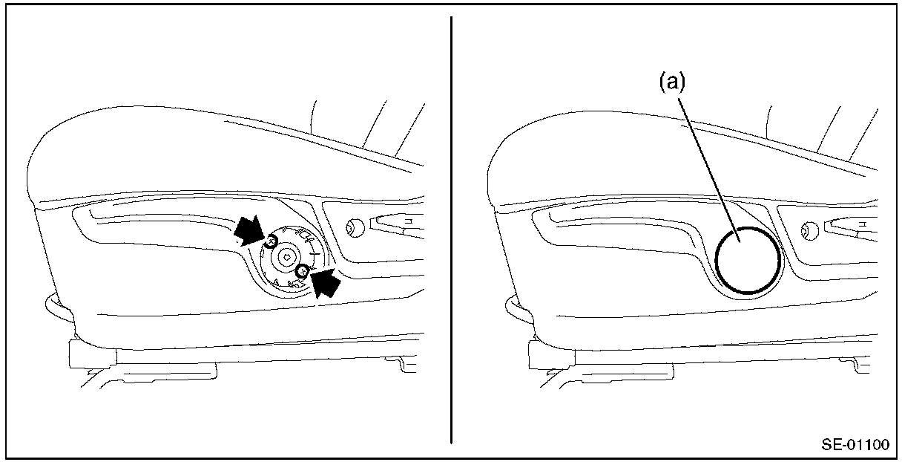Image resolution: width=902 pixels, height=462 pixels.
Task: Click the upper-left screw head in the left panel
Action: click(271, 240)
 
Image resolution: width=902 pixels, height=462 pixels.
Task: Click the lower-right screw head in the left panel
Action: click(301, 272)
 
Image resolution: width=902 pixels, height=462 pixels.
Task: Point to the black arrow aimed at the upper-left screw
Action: click(248, 230)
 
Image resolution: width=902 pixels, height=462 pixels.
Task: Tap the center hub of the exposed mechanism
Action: click(287, 256)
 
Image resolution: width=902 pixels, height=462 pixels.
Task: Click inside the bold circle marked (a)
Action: click(748, 258)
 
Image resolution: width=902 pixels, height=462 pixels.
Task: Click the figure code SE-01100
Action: click(855, 446)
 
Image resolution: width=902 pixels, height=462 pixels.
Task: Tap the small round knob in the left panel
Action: click(354, 227)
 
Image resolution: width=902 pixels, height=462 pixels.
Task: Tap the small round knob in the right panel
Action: click(809, 230)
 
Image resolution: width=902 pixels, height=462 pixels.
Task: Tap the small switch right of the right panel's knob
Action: click(853, 223)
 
